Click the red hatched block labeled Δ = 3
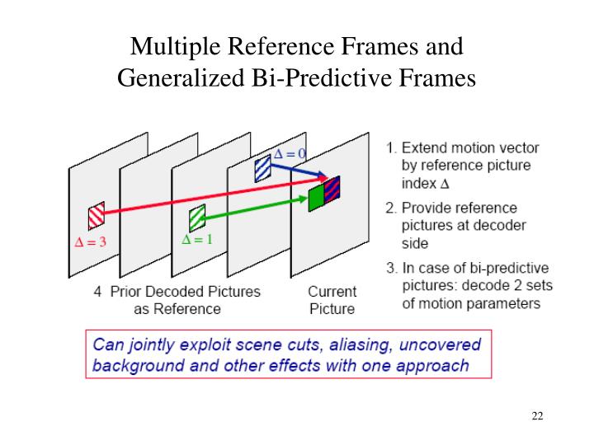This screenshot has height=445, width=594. (97, 215)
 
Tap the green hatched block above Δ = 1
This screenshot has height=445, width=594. (196, 218)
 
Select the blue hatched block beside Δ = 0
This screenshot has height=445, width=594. (262, 168)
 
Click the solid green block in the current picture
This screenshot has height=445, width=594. (316, 198)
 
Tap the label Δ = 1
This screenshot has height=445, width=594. (197, 240)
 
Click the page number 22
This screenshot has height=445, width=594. (537, 415)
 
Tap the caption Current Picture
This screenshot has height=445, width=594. (332, 300)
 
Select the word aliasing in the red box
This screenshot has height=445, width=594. (348, 344)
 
